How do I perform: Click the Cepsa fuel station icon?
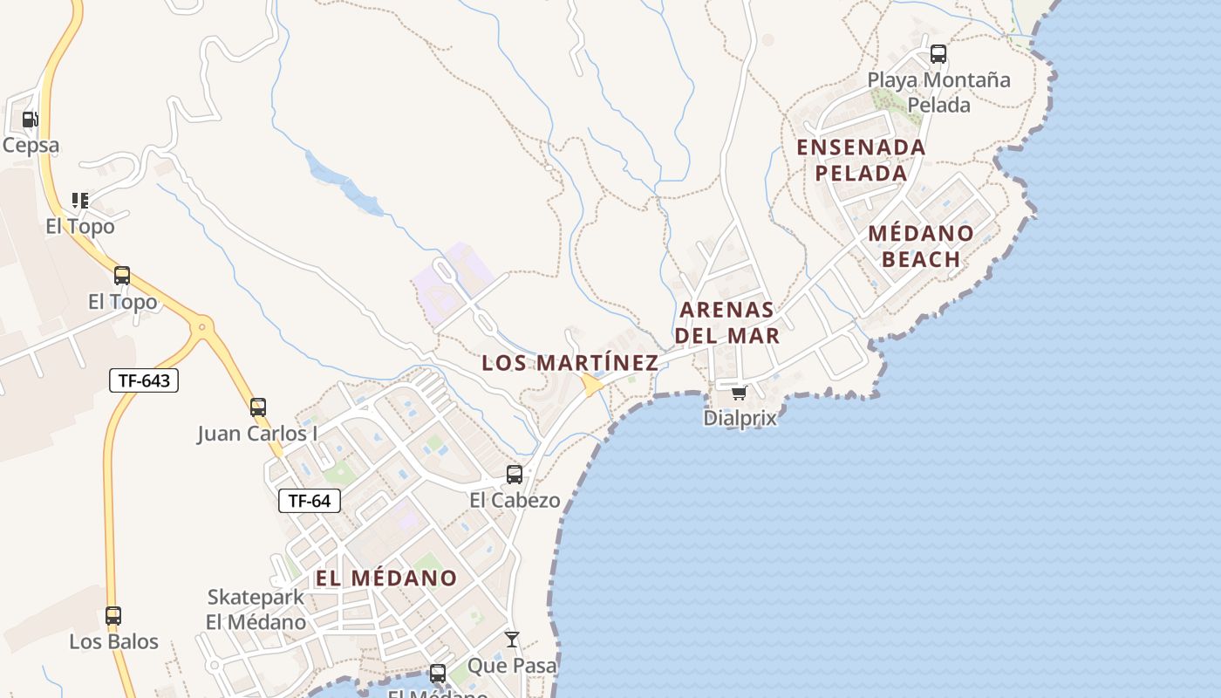point(30,120)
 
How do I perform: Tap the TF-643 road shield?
point(144,380)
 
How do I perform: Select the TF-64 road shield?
point(310,501)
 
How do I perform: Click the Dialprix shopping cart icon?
point(739,393)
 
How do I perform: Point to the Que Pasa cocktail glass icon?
point(512,640)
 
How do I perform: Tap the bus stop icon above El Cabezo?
point(515,475)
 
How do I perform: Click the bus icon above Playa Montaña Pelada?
point(938,54)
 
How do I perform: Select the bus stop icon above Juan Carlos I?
point(258,407)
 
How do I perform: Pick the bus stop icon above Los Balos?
point(113,616)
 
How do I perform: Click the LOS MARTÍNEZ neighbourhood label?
point(570,363)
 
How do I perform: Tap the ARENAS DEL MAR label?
point(728,323)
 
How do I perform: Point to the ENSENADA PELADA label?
point(862,160)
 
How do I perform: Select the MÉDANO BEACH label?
point(921,246)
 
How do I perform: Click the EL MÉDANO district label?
point(386,578)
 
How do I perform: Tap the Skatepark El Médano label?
point(256,610)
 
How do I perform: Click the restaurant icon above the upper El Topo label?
point(80,201)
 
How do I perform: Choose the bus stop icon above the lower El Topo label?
point(122,277)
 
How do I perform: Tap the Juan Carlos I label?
point(257,434)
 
